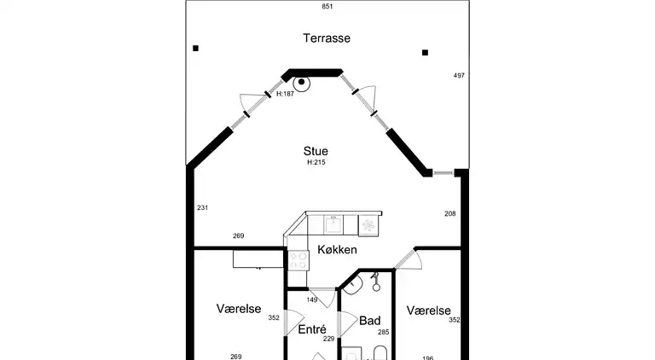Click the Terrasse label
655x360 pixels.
327,38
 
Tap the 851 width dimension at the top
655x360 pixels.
327,7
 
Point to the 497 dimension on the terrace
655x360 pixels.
459,76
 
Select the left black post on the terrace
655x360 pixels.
196,49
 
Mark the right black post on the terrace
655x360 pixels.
425,53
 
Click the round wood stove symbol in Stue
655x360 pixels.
301,82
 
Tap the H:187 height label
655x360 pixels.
285,94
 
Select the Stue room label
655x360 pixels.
316,151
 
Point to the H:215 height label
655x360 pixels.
316,162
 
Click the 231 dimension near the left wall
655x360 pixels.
202,208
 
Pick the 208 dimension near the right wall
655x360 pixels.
449,213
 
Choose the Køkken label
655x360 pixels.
337,250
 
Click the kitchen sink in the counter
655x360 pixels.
333,224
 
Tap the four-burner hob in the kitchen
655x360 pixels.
299,260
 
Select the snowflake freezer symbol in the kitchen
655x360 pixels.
368,224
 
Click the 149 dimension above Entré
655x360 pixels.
312,300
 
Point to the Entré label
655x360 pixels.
312,328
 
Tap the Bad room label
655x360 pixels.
368,322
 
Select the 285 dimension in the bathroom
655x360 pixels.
383,333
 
